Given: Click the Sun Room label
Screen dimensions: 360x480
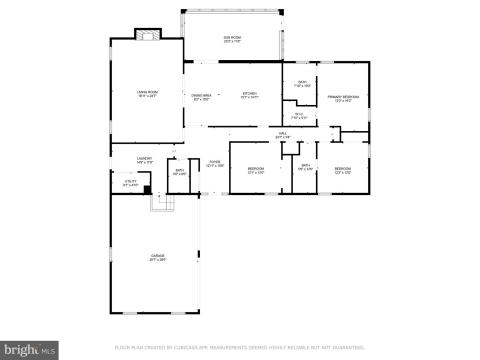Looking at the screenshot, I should coord(232,39).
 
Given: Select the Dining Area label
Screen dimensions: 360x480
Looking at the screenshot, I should coord(202,97).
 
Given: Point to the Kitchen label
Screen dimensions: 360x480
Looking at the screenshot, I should coord(250,97).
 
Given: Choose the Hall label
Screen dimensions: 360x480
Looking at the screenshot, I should coord(283,136).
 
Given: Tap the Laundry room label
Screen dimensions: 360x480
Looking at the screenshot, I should coord(145,159).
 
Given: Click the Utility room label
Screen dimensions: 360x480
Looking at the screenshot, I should coord(130,184).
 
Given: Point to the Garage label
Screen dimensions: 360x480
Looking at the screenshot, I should coord(157,257).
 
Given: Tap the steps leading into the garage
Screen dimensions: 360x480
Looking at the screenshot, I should coord(161,203).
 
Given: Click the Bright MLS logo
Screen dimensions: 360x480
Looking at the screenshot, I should coord(30,349).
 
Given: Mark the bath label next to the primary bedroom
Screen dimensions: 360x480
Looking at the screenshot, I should coord(302,84).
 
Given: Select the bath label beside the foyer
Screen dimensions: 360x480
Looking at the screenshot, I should coord(180,172).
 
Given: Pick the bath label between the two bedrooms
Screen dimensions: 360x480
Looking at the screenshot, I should coord(305,167).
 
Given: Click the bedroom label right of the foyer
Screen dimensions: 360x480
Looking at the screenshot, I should coord(256,170).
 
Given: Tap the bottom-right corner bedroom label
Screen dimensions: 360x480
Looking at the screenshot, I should coord(343,170).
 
